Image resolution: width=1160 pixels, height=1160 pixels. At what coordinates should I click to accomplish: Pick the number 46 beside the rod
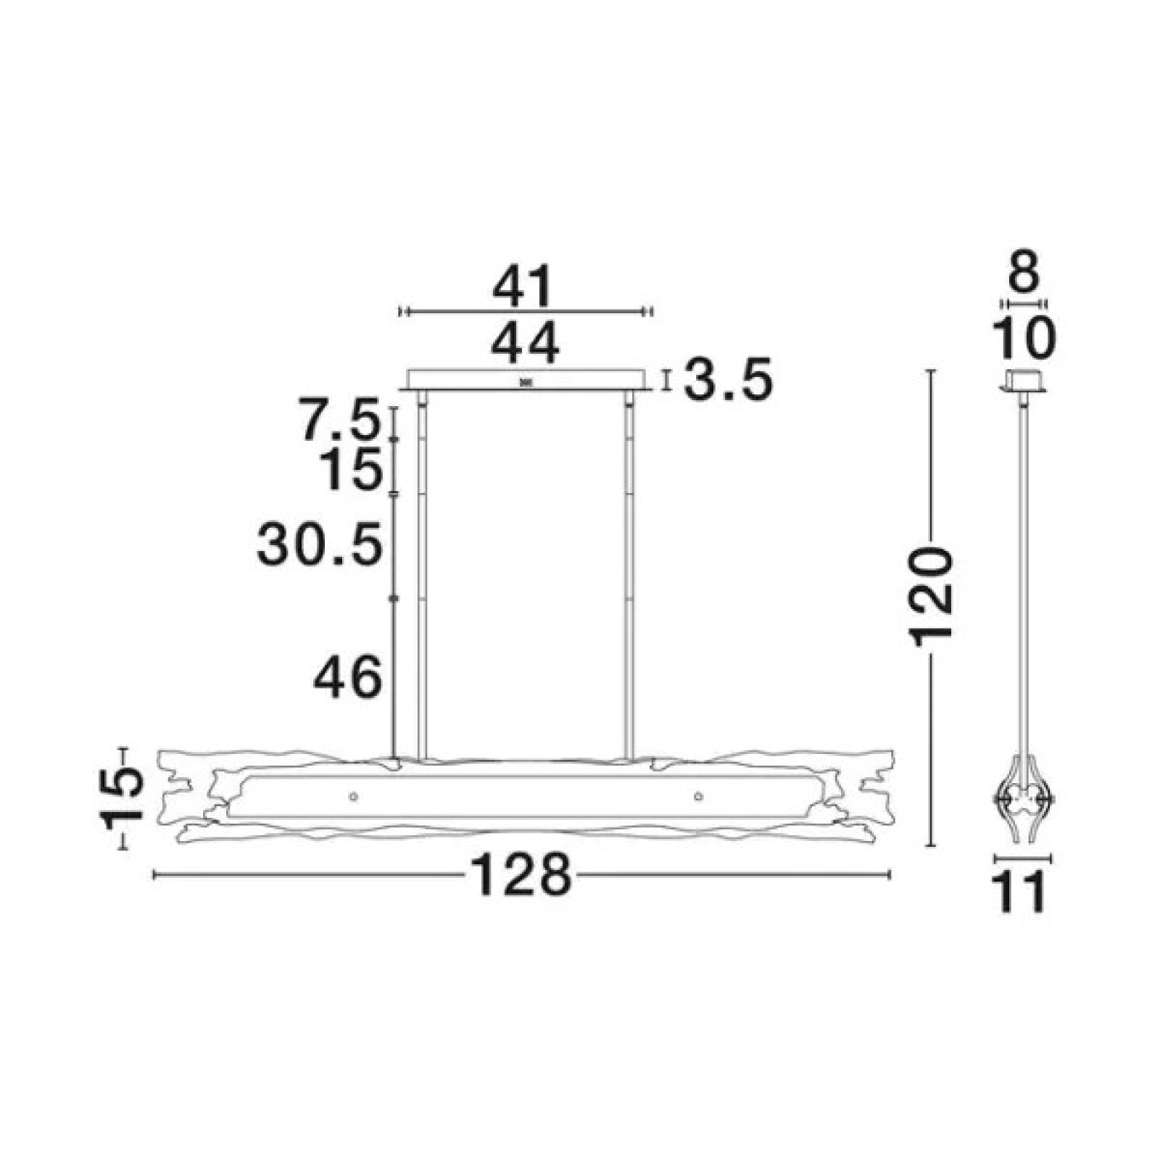[347, 677]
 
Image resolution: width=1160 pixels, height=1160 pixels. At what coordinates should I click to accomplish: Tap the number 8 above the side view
[1024, 272]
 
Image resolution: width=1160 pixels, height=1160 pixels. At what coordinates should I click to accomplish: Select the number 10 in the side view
[1024, 338]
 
